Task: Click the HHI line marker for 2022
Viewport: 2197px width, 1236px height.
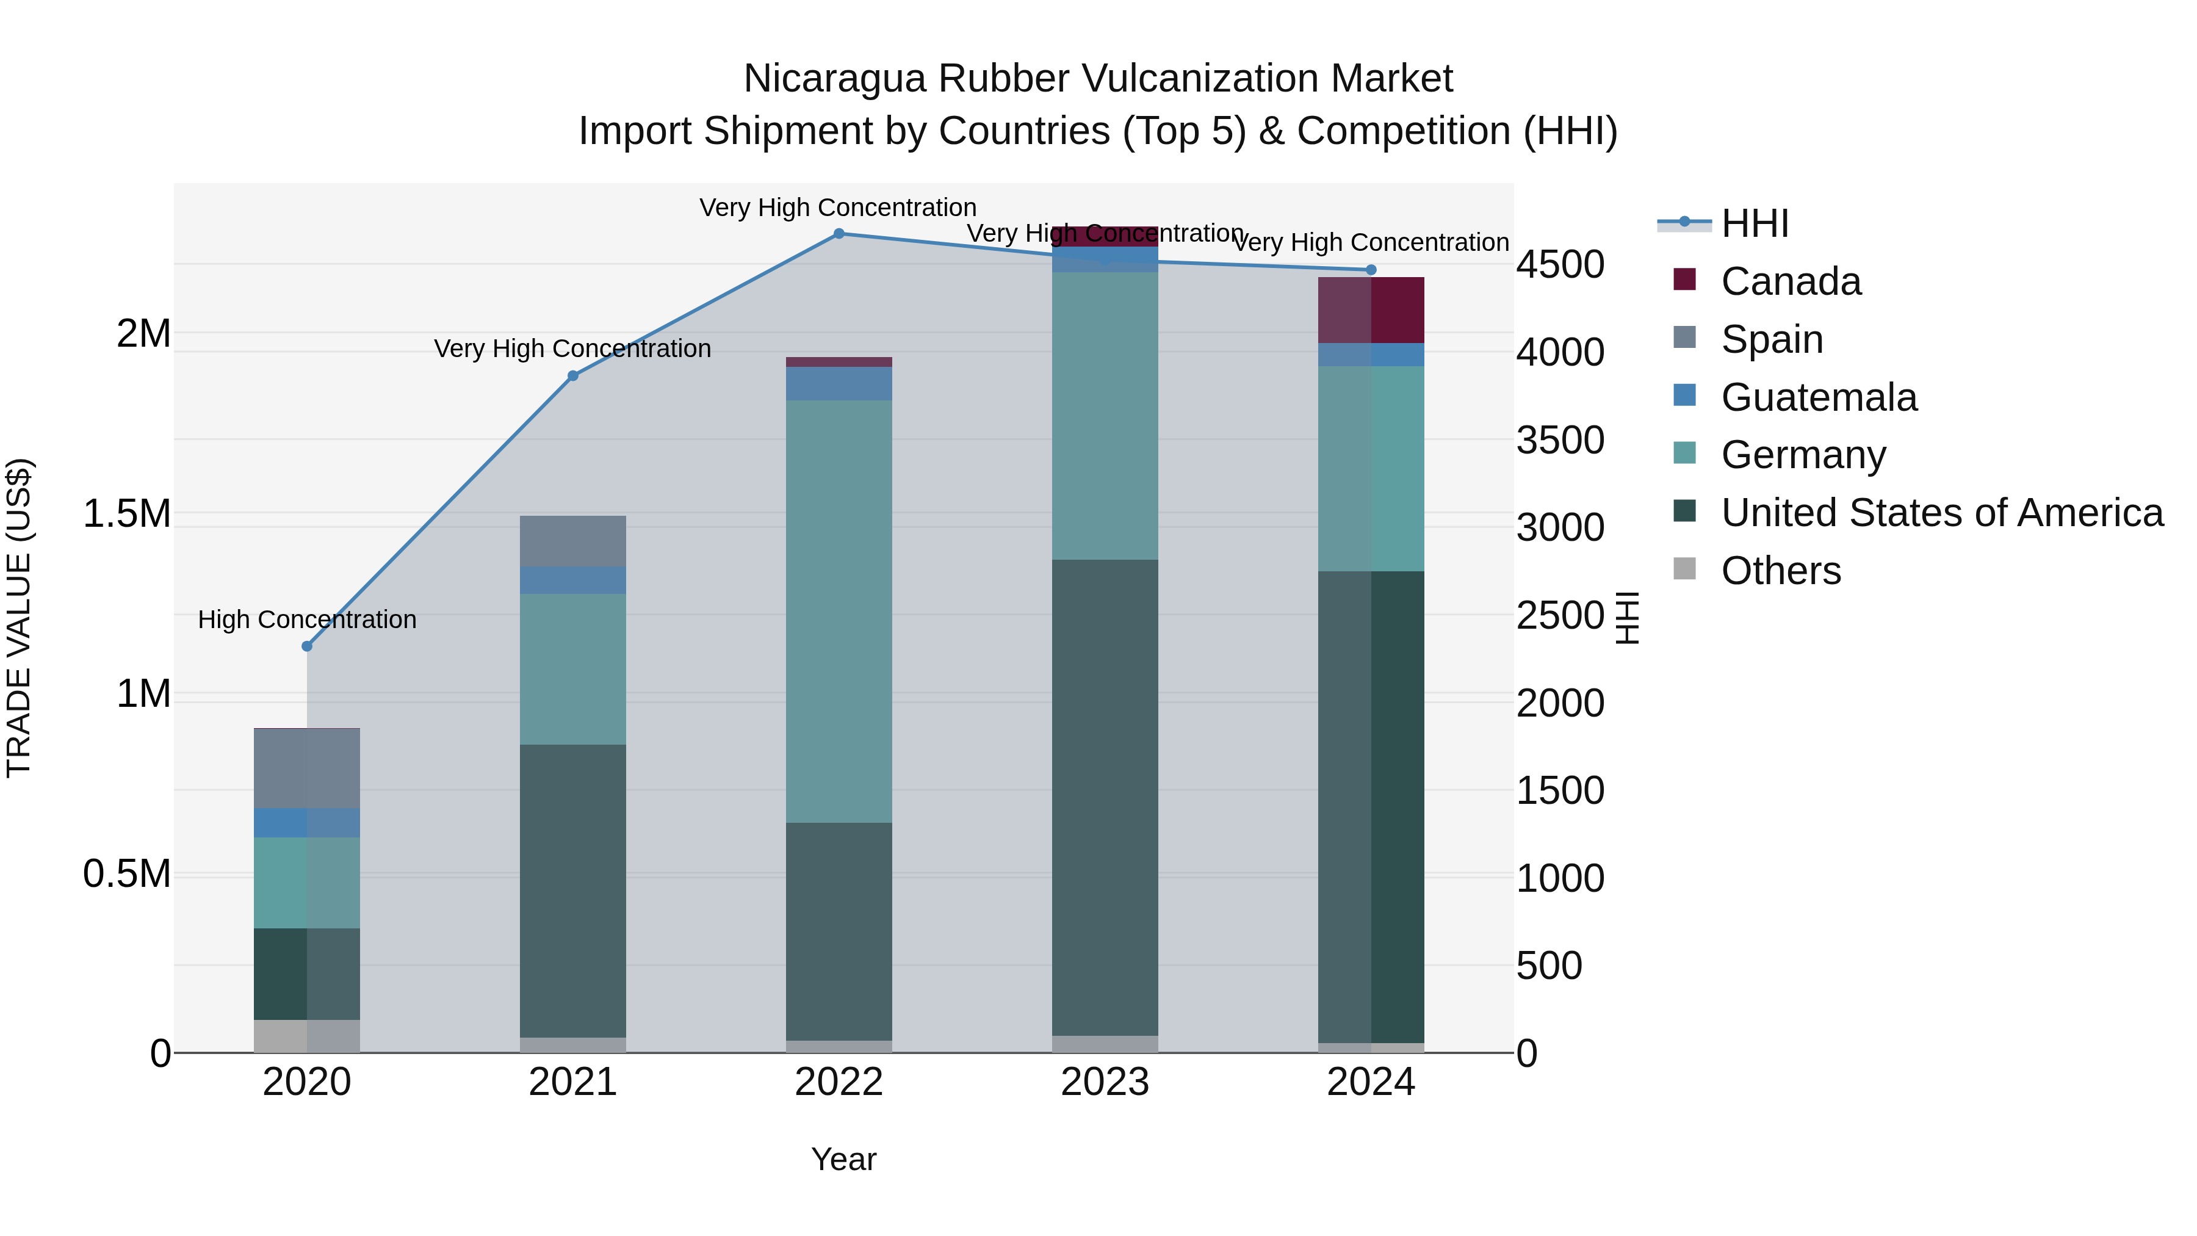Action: [x=839, y=234]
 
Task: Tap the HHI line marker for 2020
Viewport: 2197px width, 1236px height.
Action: [x=307, y=646]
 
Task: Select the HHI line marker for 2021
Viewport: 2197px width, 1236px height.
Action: [x=573, y=376]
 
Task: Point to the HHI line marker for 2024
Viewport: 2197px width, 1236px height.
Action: [x=1371, y=270]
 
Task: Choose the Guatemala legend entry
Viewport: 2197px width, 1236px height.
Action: [x=1819, y=397]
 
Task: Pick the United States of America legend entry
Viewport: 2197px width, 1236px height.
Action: [x=1941, y=513]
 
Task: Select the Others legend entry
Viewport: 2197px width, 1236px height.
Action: [x=1780, y=571]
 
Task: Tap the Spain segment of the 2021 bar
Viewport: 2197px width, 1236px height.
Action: [x=573, y=541]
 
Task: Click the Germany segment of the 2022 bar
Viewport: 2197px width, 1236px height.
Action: [x=839, y=611]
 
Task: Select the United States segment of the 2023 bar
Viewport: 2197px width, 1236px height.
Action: [x=1105, y=798]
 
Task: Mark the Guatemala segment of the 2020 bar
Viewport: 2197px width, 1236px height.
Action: [x=307, y=823]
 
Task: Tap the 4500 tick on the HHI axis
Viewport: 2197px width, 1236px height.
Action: [x=1560, y=264]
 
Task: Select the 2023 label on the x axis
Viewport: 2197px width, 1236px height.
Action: [x=1105, y=1082]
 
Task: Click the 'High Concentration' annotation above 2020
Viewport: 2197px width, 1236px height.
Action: [x=307, y=620]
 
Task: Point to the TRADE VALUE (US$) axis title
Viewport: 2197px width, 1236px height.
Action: [x=19, y=618]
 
